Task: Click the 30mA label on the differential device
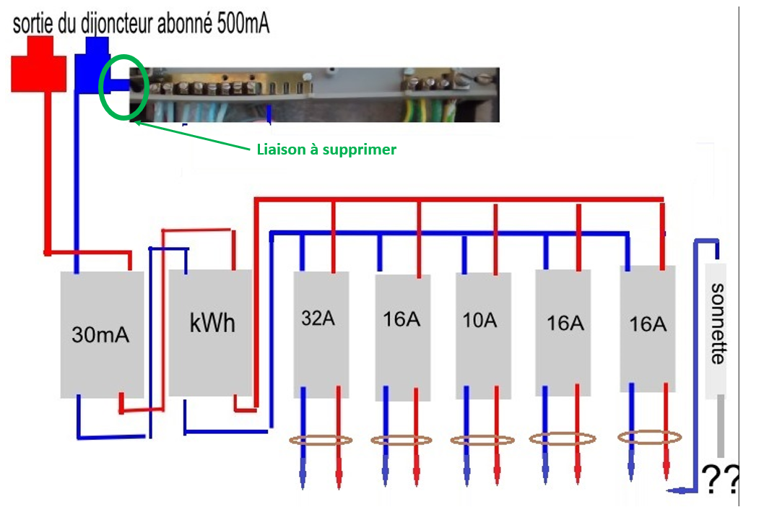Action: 100,334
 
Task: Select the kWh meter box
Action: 211,331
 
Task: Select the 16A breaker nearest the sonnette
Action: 647,329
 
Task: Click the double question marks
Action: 720,478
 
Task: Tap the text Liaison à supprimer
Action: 326,149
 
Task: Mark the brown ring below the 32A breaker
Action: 321,440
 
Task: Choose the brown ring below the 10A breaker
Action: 482,440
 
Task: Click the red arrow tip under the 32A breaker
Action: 339,480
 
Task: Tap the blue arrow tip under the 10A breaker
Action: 466,480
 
